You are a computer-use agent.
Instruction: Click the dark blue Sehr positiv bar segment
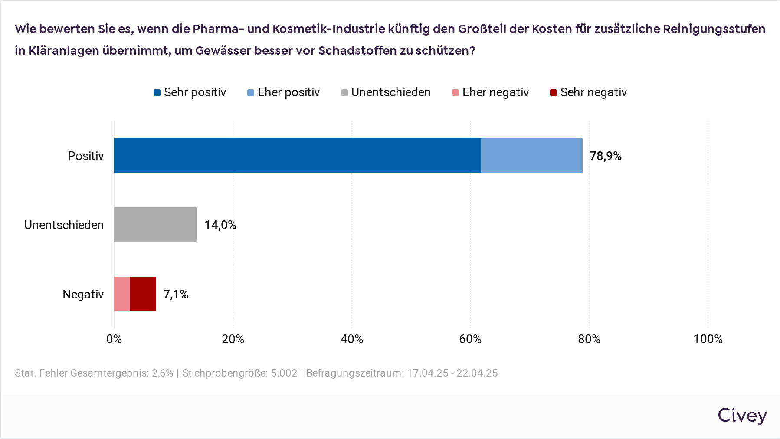[297, 156]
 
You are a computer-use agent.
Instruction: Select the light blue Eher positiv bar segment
[531, 156]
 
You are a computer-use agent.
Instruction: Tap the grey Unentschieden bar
[155, 225]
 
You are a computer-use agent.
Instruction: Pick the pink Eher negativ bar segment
[122, 294]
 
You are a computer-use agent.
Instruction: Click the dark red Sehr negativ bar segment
[143, 294]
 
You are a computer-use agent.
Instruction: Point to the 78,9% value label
[605, 156]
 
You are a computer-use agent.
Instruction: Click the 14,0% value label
[220, 225]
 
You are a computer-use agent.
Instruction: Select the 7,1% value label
[175, 295]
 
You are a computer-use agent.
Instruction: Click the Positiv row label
[85, 156]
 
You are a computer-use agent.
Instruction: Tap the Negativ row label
[83, 295]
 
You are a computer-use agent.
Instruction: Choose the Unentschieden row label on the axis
[64, 225]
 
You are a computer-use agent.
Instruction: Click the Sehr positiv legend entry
[190, 92]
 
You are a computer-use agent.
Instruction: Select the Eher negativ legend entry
[491, 92]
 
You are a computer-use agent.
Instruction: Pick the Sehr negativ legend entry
[589, 92]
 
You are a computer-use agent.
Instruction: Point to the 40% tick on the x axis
[351, 339]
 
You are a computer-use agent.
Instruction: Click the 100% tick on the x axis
[708, 339]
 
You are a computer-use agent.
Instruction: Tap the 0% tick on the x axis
[114, 339]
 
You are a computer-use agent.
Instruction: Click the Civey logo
[742, 416]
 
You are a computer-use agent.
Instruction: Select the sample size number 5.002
[284, 373]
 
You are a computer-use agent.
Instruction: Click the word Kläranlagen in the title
[64, 51]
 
